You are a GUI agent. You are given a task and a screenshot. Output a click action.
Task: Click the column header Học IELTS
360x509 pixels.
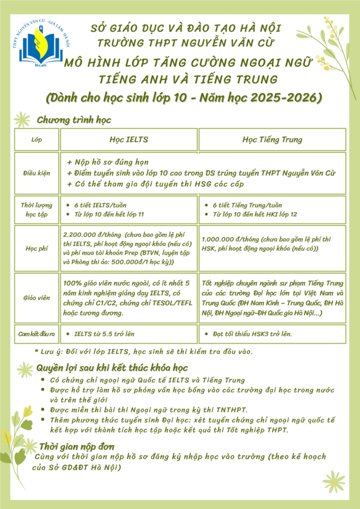(129, 139)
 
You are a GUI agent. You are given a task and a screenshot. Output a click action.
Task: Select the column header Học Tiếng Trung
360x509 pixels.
(272, 139)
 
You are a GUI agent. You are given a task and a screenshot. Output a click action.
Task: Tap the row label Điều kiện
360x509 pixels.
(37, 173)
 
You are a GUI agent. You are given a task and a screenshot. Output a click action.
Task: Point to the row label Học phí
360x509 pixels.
(37, 249)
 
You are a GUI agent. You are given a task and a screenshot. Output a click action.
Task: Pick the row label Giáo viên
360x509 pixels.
(37, 298)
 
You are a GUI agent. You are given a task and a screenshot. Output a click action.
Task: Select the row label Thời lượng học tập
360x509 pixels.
(37, 209)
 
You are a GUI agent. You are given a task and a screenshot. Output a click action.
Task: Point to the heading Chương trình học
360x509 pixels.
(74, 120)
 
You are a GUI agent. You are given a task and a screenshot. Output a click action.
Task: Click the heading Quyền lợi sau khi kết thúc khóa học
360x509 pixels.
(112, 367)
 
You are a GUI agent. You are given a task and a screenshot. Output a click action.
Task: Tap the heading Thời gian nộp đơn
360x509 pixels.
(77, 446)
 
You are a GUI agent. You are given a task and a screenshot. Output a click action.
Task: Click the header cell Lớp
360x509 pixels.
(37, 139)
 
